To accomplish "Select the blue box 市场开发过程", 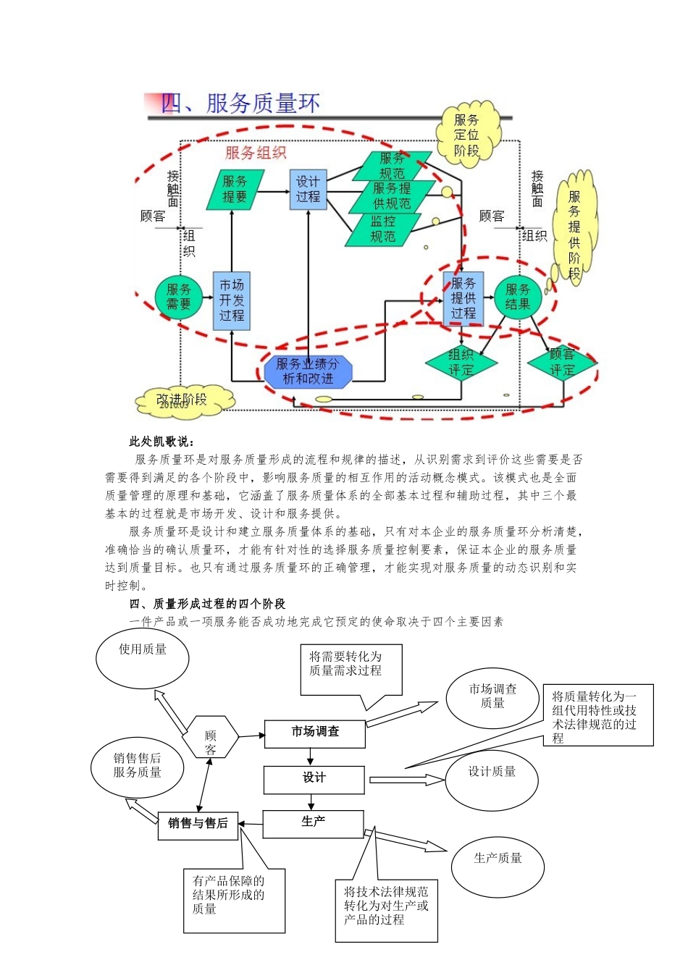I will click(231, 300).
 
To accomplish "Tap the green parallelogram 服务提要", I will click(235, 190).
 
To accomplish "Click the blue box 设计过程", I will click(308, 190).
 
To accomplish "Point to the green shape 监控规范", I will click(383, 229).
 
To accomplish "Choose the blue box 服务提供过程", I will click(463, 298).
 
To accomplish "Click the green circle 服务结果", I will click(518, 297).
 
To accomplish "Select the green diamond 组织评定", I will click(461, 363).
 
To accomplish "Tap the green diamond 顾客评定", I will click(562, 362).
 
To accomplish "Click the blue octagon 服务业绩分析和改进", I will click(308, 371).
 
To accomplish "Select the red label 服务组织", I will click(256, 153).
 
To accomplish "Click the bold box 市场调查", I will click(314, 733).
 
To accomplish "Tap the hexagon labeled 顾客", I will click(210, 736).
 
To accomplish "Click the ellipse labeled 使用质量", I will click(143, 657).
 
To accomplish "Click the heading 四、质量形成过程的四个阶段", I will click(207, 604).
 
